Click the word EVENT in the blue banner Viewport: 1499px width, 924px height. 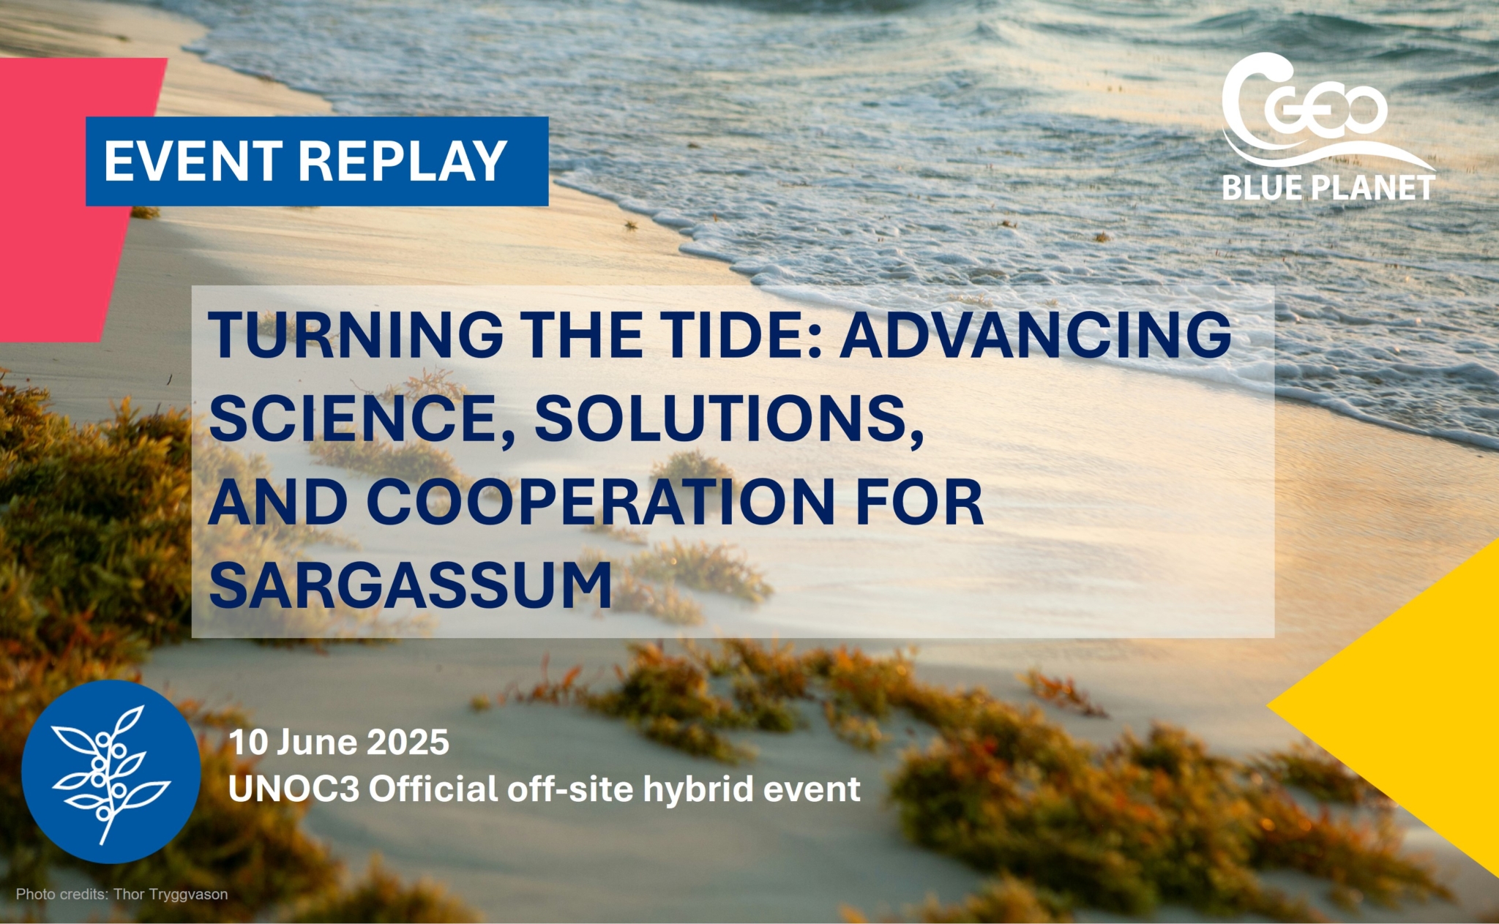[193, 161]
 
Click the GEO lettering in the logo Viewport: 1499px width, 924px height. [1326, 110]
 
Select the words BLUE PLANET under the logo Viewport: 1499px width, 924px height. [1328, 188]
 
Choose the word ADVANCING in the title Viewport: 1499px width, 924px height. [1035, 334]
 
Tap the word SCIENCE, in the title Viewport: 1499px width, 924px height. [362, 418]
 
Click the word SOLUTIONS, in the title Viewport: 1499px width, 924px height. [729, 418]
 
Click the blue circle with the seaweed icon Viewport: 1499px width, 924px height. [111, 771]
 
